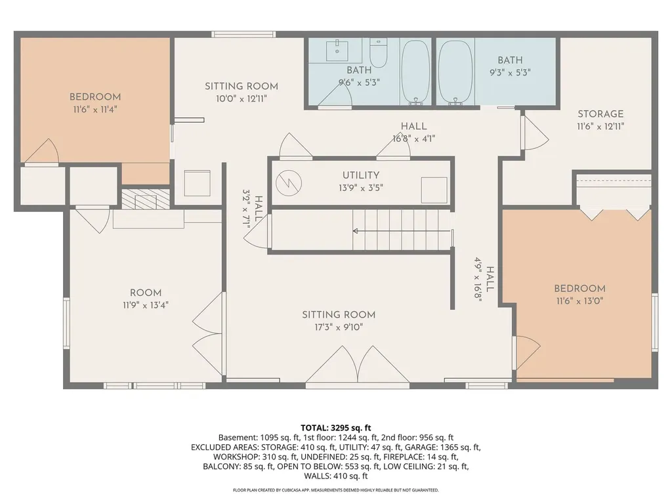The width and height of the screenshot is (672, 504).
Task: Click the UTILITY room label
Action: [360, 175]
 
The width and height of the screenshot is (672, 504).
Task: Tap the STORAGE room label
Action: [600, 114]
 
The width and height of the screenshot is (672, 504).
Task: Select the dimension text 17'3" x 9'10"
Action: [339, 327]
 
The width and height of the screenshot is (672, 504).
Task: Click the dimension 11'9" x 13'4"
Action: [146, 306]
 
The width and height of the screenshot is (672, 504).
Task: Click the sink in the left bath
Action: [337, 51]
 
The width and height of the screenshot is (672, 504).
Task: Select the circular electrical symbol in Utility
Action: [289, 184]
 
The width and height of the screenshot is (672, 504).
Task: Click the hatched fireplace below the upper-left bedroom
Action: [146, 199]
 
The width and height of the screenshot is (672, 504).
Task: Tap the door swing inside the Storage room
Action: [535, 133]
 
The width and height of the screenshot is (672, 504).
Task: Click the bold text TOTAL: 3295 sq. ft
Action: [335, 428]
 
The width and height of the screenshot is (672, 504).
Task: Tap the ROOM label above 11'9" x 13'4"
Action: [146, 293]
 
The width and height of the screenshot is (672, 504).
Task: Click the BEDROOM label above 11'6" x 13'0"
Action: [579, 289]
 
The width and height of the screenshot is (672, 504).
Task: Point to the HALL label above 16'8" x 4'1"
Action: [413, 127]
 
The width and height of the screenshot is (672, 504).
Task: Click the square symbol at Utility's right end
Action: [434, 190]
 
